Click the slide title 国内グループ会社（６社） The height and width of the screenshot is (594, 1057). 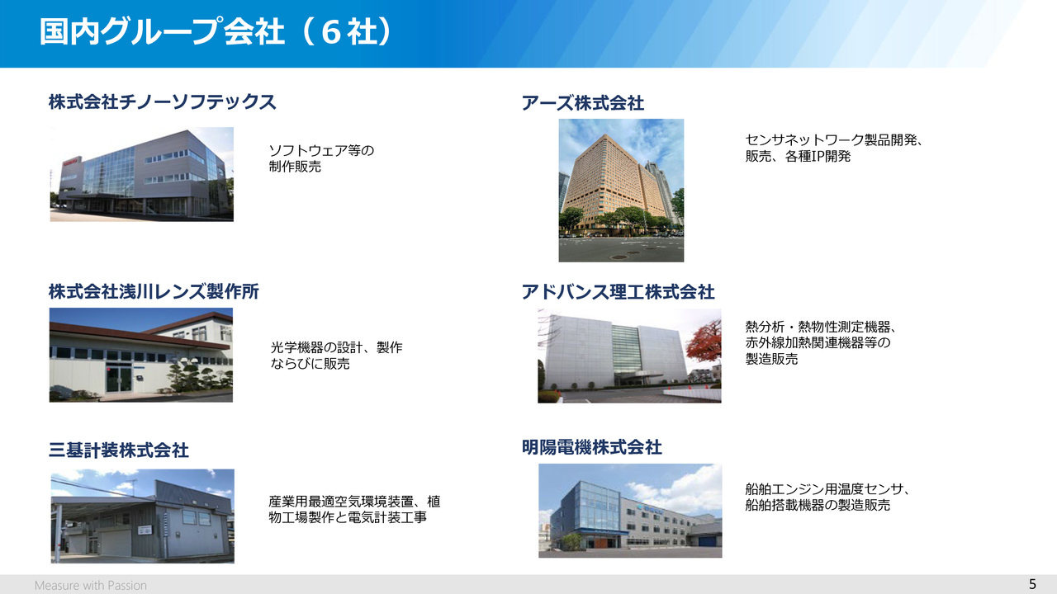tap(216, 32)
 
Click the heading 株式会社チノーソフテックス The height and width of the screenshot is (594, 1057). tap(162, 101)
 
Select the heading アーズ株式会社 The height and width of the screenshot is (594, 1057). tap(583, 103)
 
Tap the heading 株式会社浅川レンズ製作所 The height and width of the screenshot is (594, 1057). tap(154, 291)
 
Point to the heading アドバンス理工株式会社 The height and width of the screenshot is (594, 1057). tap(618, 292)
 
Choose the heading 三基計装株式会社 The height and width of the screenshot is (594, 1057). tap(118, 450)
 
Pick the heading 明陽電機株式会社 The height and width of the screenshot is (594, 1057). tap(592, 447)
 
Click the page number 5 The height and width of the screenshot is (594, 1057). tap(1032, 584)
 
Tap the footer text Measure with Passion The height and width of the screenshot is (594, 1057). tap(91, 585)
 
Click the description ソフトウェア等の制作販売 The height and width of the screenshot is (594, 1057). tap(321, 158)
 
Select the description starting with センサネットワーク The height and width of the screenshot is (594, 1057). tap(834, 148)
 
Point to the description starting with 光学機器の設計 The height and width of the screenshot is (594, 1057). tap(336, 356)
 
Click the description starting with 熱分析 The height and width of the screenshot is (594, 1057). tap(821, 342)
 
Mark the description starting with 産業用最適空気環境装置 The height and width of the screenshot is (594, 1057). tap(354, 509)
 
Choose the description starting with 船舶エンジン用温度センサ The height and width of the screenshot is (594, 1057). tap(827, 497)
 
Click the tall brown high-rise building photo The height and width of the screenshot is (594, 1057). tap(621, 190)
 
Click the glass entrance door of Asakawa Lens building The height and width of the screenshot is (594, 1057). tap(119, 379)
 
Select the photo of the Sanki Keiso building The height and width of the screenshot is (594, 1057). tap(143, 516)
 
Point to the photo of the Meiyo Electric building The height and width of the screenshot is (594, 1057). tap(630, 511)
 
